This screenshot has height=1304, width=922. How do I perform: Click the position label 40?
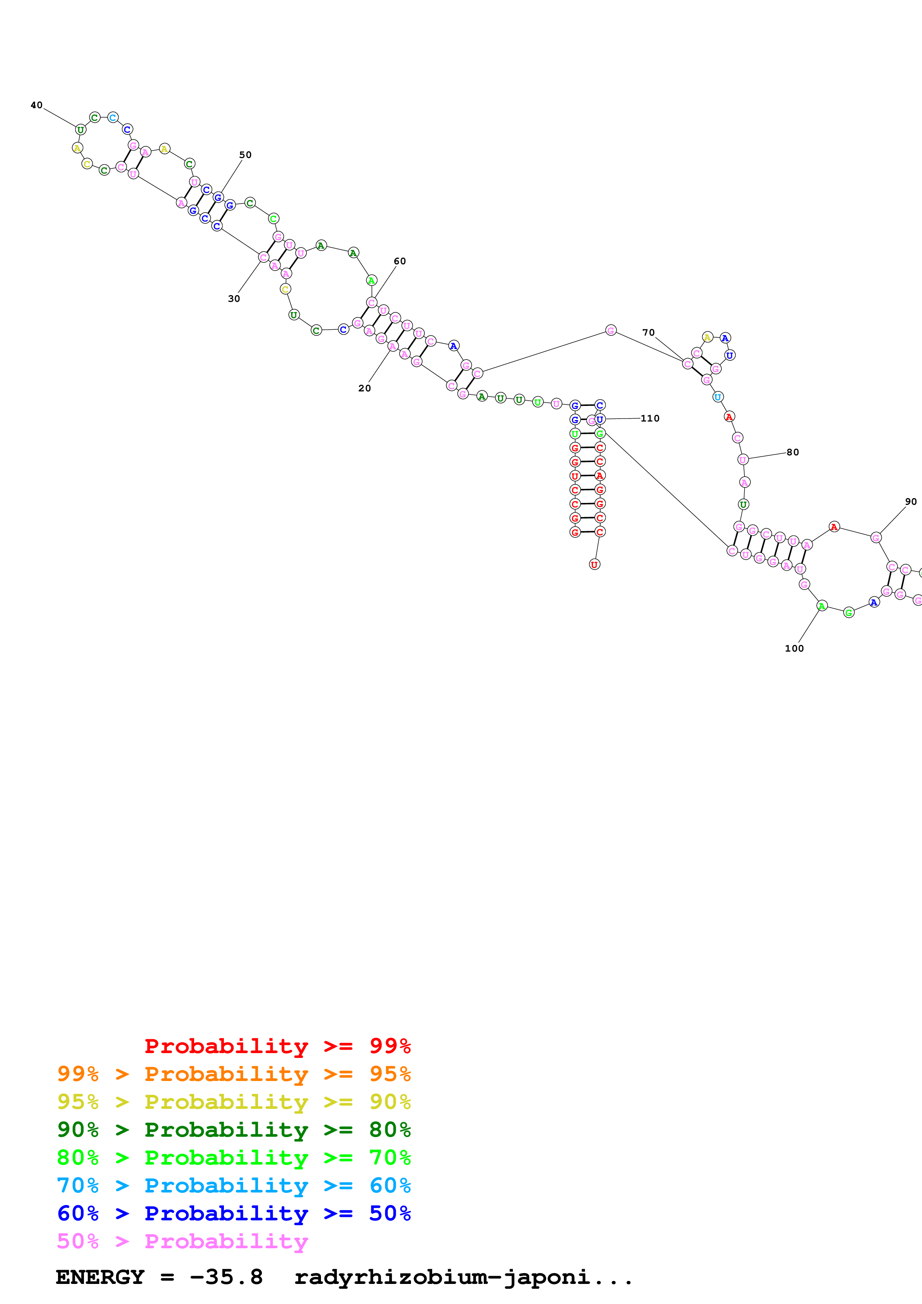click(36, 105)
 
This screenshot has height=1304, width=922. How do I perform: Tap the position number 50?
click(245, 155)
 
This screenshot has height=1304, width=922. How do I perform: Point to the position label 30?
click(234, 299)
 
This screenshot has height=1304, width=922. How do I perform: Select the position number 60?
click(399, 261)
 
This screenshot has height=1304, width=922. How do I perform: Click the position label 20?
click(364, 388)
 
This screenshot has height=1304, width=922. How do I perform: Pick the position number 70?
click(648, 332)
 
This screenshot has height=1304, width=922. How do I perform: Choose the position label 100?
click(794, 649)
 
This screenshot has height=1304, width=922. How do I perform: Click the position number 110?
click(650, 419)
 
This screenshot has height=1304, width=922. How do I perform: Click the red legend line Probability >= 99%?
click(277, 1046)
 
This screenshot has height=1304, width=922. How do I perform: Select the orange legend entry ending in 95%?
click(234, 1074)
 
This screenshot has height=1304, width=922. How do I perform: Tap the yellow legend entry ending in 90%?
click(234, 1102)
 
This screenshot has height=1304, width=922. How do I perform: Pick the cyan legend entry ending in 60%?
click(234, 1185)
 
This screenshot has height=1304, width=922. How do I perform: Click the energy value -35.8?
click(226, 1277)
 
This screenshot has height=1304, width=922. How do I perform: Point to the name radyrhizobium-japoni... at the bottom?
click(463, 1277)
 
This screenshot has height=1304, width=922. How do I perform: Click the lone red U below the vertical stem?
click(594, 565)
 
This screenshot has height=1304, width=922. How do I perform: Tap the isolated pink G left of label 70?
click(611, 330)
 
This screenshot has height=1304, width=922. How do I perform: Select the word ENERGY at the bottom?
click(100, 1277)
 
